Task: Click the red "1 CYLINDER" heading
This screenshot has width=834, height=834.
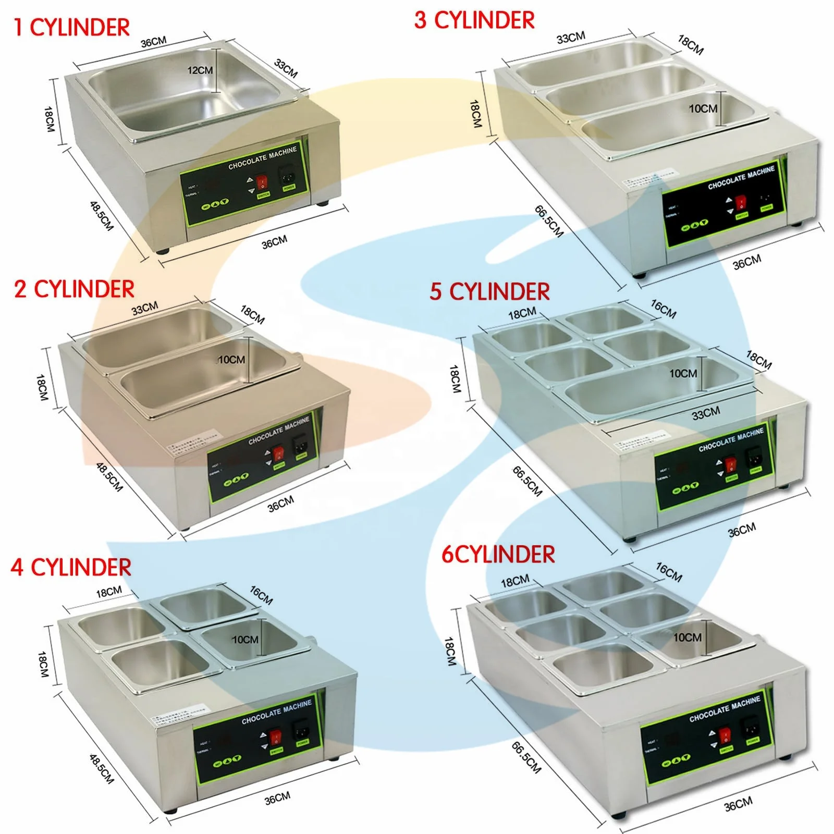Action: [71, 28]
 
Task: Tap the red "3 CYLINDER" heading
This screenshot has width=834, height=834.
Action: [474, 20]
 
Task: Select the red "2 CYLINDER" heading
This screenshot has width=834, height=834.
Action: [74, 289]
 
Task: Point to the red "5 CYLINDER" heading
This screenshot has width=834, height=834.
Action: [489, 292]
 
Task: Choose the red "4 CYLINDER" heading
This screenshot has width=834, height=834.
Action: [71, 568]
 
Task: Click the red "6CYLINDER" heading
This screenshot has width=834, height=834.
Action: [498, 555]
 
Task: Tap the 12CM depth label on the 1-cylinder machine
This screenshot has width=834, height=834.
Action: [200, 70]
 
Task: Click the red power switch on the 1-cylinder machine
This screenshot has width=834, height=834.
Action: [262, 181]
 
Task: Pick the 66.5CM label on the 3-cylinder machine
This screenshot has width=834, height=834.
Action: [549, 222]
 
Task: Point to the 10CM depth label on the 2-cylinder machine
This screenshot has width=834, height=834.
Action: [231, 360]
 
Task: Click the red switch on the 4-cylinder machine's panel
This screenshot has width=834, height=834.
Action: [275, 737]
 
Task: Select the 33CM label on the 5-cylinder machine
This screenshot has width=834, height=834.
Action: [706, 414]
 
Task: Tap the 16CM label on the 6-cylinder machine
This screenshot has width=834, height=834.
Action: [669, 572]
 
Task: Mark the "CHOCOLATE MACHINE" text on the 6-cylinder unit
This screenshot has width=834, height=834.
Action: [725, 710]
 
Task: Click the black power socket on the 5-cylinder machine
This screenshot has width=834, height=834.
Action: [754, 457]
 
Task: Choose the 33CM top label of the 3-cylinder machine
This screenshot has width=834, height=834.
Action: [571, 37]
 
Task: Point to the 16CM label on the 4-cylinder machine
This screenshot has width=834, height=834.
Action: [261, 595]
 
